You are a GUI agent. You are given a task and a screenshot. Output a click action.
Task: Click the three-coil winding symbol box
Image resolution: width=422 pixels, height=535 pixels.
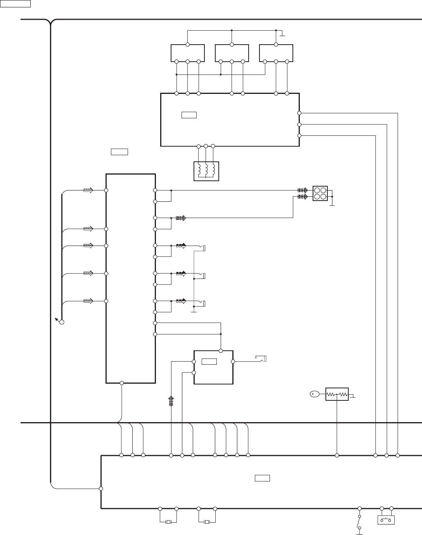tap(206, 171)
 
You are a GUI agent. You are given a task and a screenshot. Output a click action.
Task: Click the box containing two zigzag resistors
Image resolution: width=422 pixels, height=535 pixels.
tap(337, 394)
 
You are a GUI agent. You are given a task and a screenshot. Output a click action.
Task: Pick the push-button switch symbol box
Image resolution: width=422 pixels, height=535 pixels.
tap(386, 520)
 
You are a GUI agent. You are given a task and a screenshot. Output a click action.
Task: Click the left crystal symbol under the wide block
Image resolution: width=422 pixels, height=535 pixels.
tap(168, 522)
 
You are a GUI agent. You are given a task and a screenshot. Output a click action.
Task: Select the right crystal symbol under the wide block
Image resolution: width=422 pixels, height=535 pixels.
tap(207, 522)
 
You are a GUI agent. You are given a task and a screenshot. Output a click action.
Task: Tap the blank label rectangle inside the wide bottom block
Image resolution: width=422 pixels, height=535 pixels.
tap(262, 478)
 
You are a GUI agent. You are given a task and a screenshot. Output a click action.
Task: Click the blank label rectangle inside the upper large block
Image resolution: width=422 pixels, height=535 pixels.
tap(189, 115)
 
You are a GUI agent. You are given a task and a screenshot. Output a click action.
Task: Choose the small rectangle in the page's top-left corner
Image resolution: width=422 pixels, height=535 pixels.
tap(15, 4)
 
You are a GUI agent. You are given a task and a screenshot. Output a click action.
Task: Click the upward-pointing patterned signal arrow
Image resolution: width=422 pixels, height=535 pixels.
tap(171, 401)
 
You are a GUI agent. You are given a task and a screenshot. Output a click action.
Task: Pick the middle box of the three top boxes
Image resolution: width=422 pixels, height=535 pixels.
tap(232, 53)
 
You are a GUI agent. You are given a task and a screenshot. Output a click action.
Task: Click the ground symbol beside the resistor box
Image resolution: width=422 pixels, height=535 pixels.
tap(353, 396)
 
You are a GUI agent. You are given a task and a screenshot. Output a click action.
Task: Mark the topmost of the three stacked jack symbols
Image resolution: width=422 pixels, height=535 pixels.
tap(202, 248)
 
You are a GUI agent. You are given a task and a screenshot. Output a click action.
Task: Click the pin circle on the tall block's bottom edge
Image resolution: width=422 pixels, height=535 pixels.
tap(122, 383)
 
